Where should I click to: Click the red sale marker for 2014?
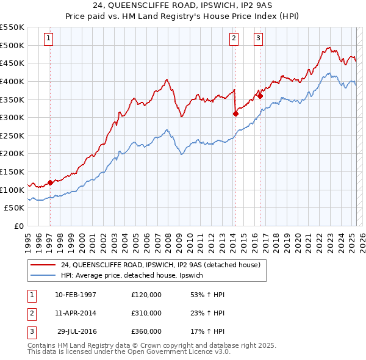[x=235, y=113]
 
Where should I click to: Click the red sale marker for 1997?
[x=50, y=182]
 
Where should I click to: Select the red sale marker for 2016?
[x=260, y=95]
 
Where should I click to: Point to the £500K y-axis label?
[x=12, y=45]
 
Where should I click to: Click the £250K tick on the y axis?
[x=12, y=135]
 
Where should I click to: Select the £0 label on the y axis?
[x=20, y=226]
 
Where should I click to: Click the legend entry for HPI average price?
[x=135, y=275]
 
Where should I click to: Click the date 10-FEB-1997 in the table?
[x=76, y=295]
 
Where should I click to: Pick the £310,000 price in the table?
[x=146, y=313]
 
